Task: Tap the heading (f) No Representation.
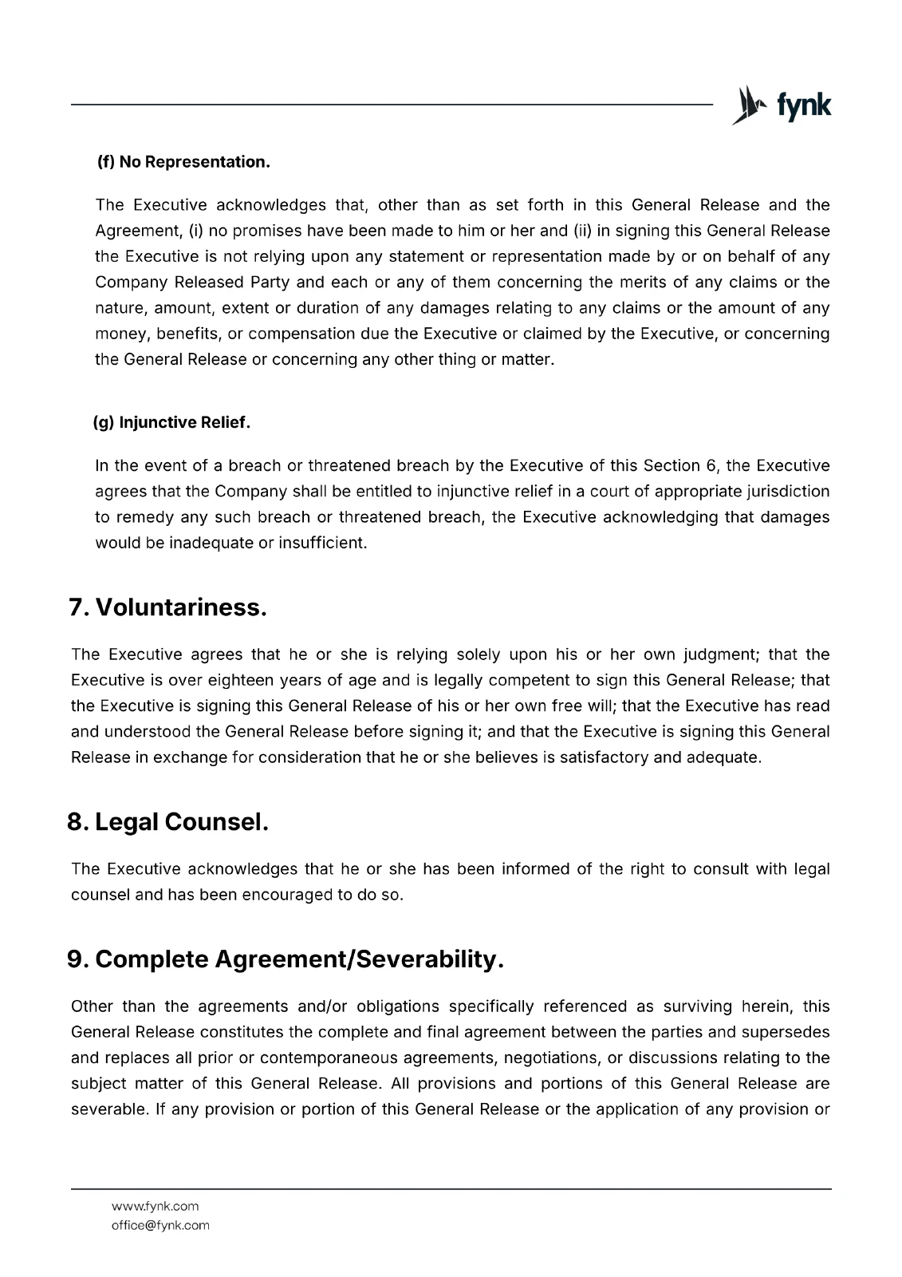(x=183, y=162)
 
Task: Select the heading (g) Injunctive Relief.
(x=171, y=422)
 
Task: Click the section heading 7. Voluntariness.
(x=167, y=607)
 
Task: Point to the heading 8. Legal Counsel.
(x=167, y=821)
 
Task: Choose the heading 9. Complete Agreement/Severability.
(x=286, y=959)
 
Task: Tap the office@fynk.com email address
(x=160, y=1225)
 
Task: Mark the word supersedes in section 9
(x=786, y=1032)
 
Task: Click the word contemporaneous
(x=329, y=1058)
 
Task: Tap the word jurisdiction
(x=789, y=492)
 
